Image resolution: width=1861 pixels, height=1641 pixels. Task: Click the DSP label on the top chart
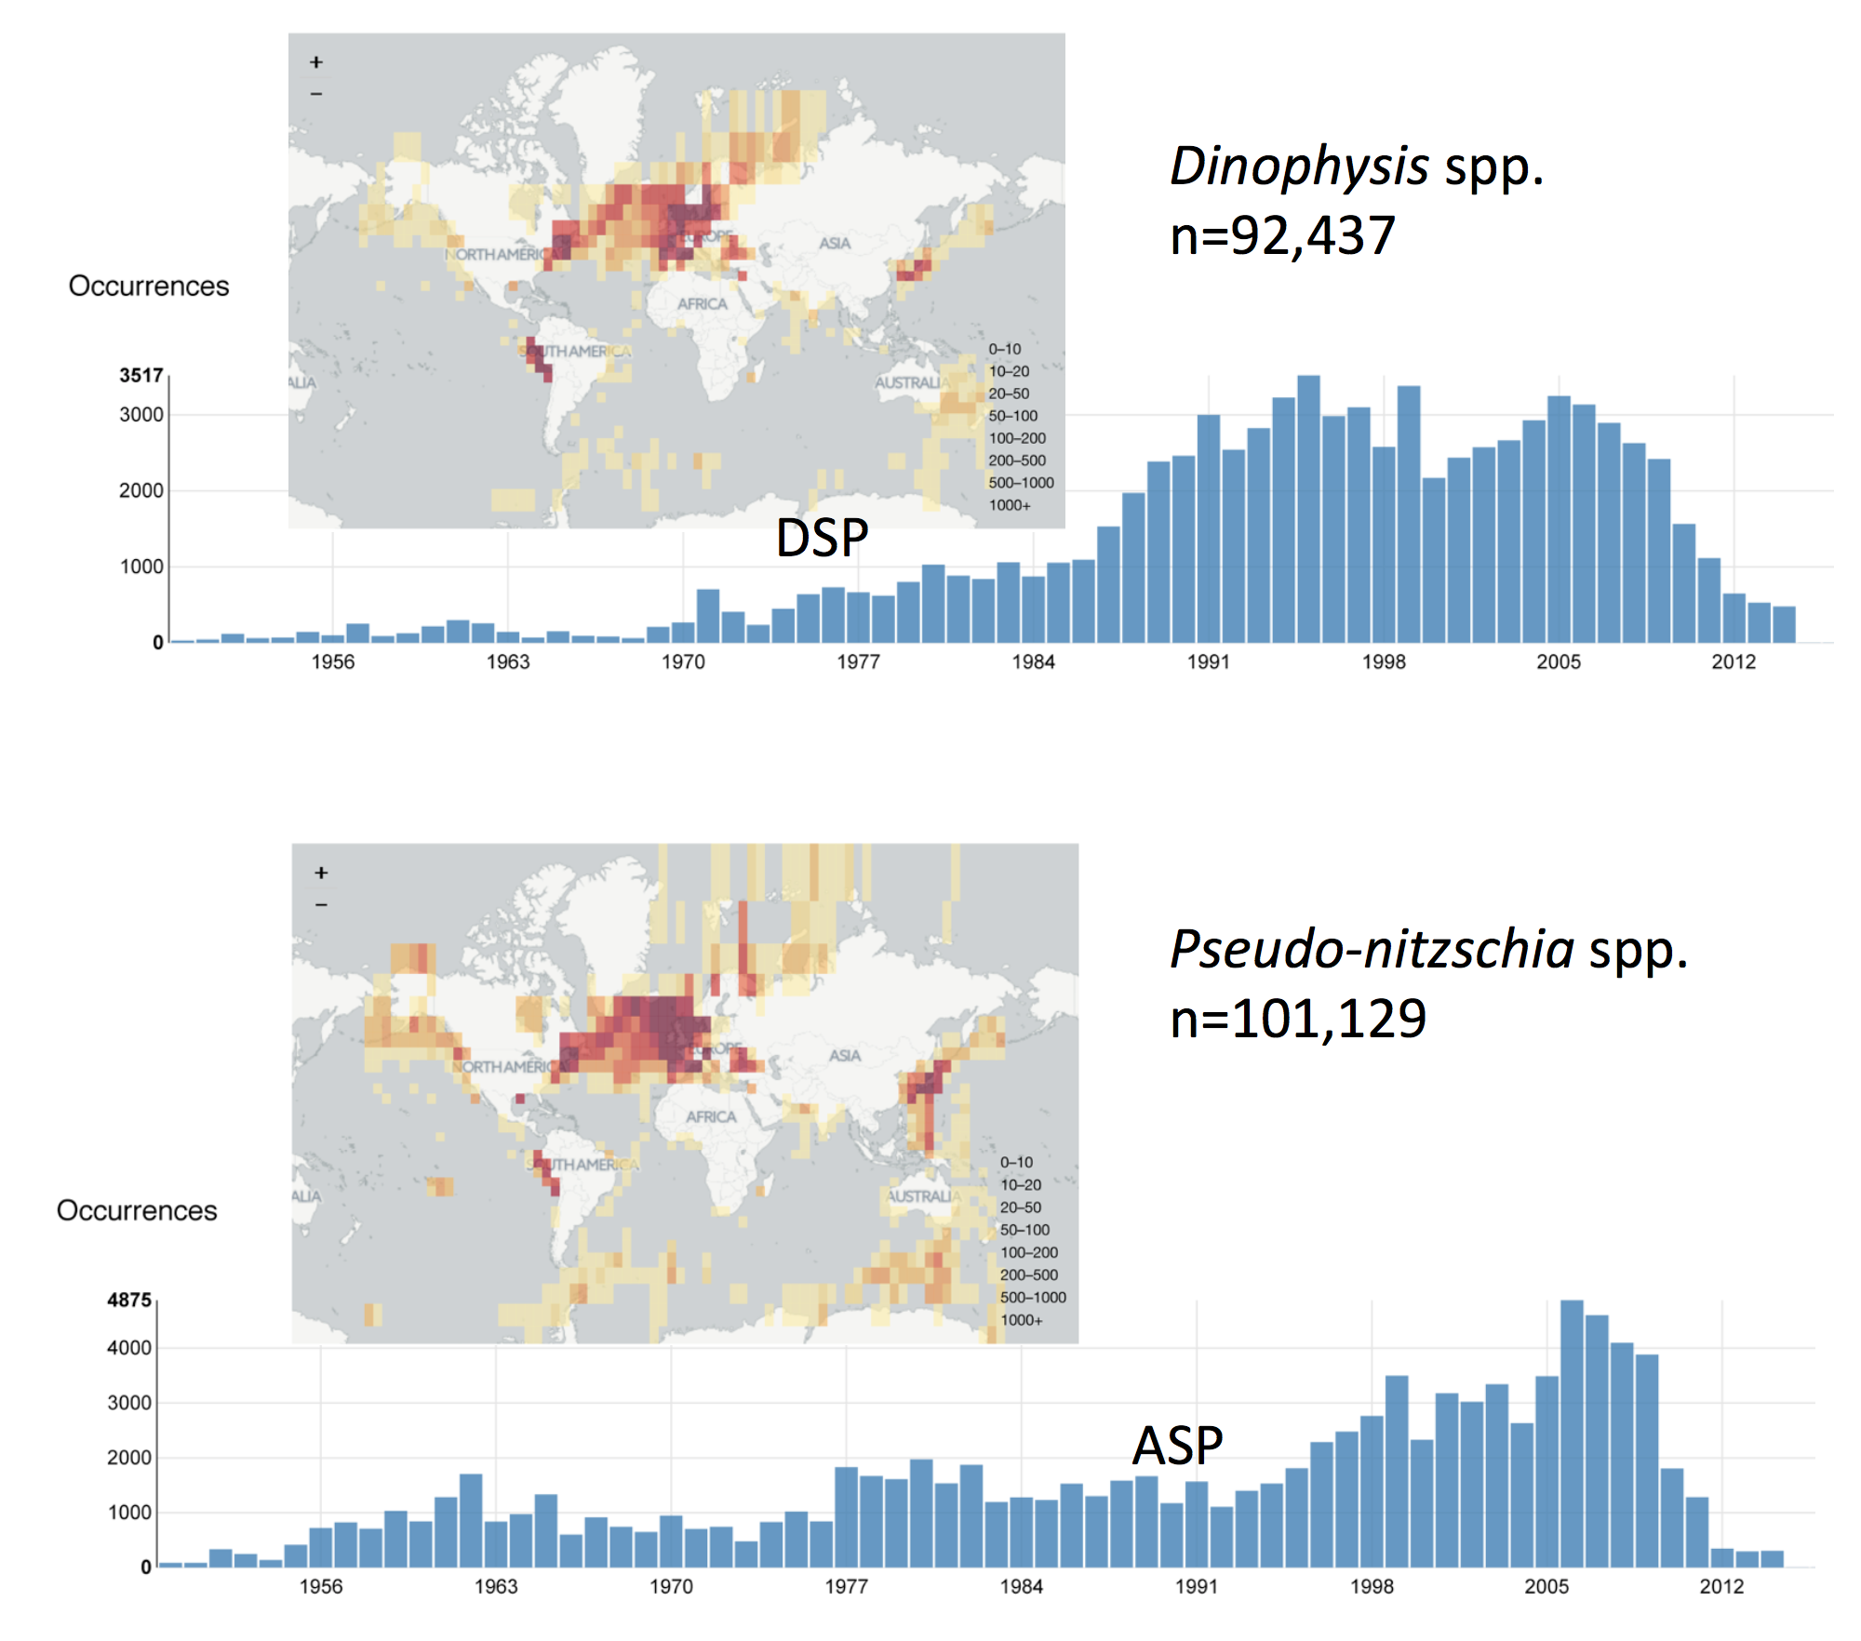822,538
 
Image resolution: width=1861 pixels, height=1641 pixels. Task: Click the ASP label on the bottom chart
1177,1446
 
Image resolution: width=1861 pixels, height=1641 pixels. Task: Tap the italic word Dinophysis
1299,167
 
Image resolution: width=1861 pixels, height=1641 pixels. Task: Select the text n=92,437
1282,235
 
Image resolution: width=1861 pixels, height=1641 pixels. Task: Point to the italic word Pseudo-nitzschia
1372,950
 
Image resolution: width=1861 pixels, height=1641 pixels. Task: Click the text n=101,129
1298,1019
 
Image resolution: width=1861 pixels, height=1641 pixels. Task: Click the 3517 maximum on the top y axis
141,376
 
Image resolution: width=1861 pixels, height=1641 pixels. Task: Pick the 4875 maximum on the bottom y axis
128,1301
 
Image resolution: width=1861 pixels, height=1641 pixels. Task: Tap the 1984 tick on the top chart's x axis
1033,662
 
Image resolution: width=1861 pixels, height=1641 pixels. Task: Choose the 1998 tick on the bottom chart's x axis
1372,1587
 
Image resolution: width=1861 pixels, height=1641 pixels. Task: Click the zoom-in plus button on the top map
316,62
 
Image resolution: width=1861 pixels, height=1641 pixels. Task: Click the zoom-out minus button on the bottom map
321,904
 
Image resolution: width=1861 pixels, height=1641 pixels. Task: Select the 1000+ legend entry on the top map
1010,505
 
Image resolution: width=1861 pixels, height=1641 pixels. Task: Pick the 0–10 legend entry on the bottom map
1016,1163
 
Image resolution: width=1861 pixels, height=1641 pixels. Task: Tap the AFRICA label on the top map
703,304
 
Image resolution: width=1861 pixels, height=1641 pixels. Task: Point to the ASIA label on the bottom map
845,1056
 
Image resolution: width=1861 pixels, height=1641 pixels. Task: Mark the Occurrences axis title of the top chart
149,287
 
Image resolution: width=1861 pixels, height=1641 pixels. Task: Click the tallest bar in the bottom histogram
1572,1433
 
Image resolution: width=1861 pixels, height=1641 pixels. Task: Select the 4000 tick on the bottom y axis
128,1348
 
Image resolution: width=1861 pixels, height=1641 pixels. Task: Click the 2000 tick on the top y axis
141,491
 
